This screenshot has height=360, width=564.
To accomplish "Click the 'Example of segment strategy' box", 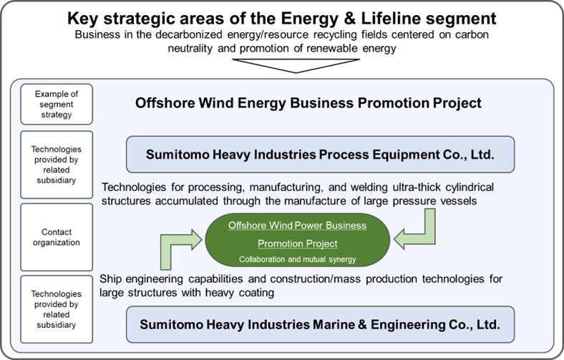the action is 57,104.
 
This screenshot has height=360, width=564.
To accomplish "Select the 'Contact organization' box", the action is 57,237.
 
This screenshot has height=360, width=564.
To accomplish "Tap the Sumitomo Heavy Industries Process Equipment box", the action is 320,155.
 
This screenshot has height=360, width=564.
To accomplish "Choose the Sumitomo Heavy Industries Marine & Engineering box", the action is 320,324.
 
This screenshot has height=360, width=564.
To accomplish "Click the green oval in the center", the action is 298,240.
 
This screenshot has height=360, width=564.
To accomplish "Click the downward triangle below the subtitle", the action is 296,65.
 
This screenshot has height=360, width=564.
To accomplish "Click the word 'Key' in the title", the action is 83,19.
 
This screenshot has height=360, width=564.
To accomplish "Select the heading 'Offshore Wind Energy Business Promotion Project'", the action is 308,103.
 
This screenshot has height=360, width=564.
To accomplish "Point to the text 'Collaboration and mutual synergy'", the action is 298,259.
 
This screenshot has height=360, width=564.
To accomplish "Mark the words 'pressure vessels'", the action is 434,200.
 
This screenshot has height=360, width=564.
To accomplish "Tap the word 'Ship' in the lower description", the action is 110,279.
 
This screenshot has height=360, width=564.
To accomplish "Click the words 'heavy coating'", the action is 240,293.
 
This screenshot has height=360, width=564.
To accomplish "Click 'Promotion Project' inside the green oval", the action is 298,243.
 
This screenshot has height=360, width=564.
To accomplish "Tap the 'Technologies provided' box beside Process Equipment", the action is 57,165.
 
